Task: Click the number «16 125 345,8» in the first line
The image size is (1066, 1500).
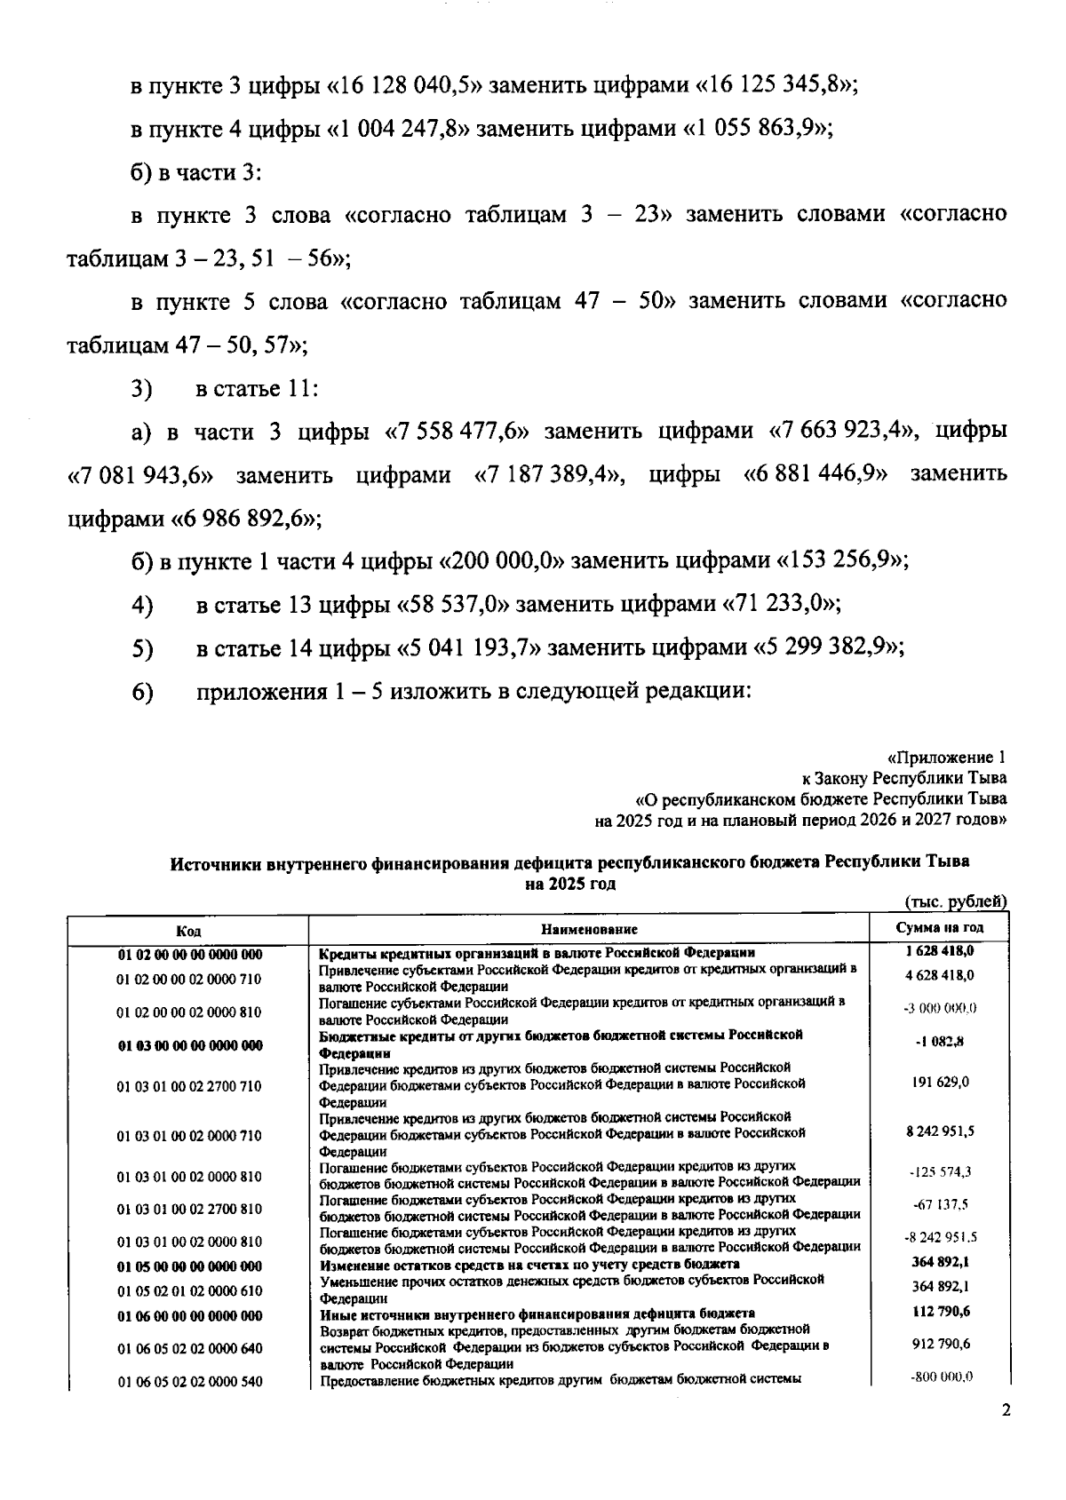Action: point(774,86)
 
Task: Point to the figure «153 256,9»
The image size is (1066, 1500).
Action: point(841,561)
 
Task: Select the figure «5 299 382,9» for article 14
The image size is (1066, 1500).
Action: point(827,648)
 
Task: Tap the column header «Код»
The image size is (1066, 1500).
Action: point(188,930)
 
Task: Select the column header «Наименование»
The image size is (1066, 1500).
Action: point(589,930)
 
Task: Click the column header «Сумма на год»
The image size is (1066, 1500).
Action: point(939,928)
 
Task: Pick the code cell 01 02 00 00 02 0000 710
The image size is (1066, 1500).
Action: point(189,979)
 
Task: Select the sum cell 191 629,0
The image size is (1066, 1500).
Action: point(942,1082)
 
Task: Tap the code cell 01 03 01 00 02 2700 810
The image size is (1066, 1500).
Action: point(189,1209)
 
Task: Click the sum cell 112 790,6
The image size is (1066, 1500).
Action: point(942,1312)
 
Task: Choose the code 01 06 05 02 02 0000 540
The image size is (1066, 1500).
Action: point(189,1382)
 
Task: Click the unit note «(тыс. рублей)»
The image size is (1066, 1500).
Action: point(955,902)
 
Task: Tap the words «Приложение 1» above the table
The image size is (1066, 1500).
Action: point(951,758)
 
